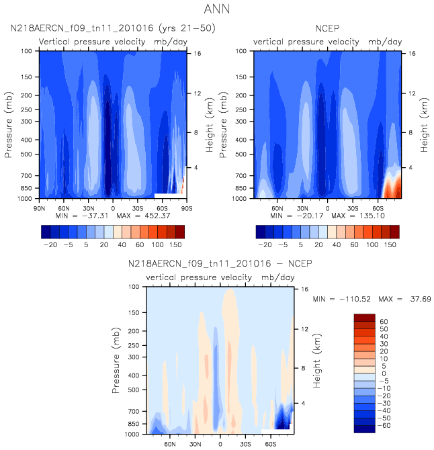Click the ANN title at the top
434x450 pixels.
point(216,9)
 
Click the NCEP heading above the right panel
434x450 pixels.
point(327,29)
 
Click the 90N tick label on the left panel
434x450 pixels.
point(40,208)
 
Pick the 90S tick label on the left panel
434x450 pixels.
point(186,208)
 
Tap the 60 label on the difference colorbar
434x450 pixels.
point(384,322)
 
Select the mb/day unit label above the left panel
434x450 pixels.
point(169,42)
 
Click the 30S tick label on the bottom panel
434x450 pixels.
point(245,443)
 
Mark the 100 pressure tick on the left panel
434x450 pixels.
point(27,51)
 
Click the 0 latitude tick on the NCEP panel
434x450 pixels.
point(328,208)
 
